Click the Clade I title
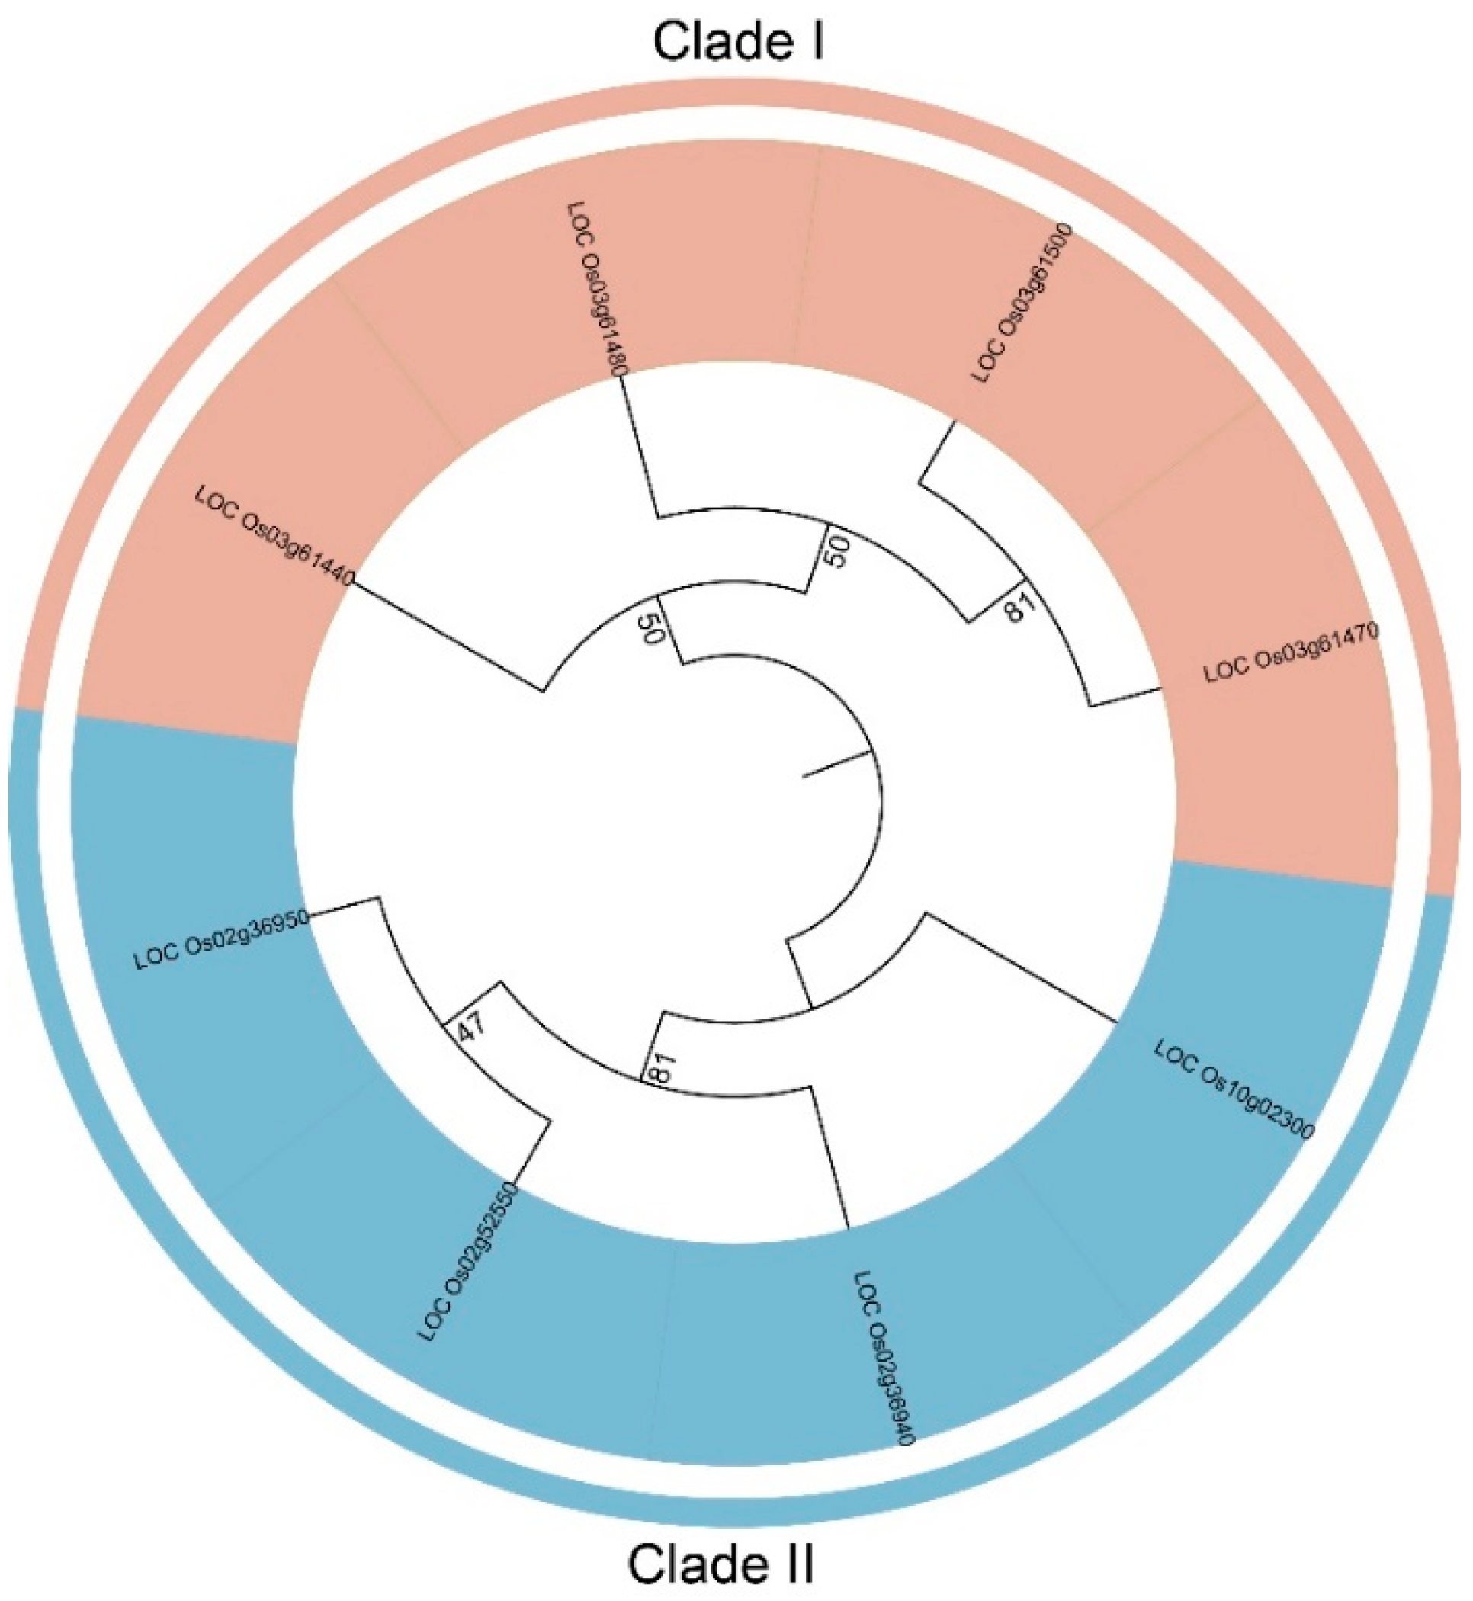click(737, 41)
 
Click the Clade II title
click(721, 1564)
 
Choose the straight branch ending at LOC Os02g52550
click(533, 1151)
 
